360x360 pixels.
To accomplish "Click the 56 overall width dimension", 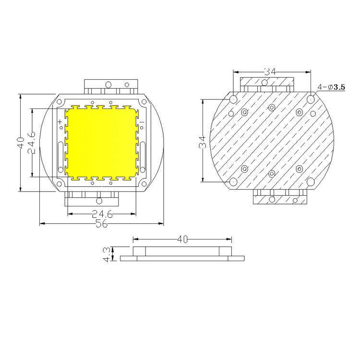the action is coord(101,223).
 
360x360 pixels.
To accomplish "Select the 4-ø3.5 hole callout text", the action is coord(331,87).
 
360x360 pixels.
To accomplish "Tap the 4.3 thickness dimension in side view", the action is coord(107,254).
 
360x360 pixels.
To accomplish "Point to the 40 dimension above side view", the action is coord(182,240).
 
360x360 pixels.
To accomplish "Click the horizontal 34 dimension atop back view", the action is coord(270,72).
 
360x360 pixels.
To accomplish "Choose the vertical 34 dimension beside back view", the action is coord(203,142).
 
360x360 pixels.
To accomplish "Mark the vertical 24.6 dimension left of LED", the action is coord(32,143).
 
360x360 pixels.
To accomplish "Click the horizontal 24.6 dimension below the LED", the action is coord(102,214).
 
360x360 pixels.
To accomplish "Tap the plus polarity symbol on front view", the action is coord(60,121).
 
